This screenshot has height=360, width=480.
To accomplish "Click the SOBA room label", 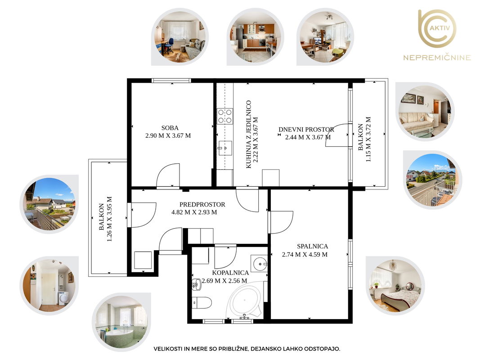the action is pyautogui.click(x=170, y=128).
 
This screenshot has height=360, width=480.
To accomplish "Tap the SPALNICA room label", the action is pyautogui.click(x=312, y=247).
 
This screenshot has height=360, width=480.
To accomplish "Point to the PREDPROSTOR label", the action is pyautogui.click(x=202, y=204).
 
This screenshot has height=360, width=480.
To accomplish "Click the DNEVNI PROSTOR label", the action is pyautogui.click(x=306, y=130).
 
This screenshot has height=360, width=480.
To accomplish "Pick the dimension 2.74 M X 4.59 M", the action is pyautogui.click(x=305, y=254).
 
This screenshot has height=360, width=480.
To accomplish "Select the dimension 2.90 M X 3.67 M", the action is pyautogui.click(x=168, y=135).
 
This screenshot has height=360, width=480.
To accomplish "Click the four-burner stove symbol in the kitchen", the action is pyautogui.click(x=224, y=117).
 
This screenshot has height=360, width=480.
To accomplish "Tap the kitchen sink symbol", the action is pyautogui.click(x=224, y=148).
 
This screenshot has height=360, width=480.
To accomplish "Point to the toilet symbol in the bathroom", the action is pyautogui.click(x=202, y=303).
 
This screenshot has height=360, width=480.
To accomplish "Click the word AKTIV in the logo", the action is pyautogui.click(x=440, y=28).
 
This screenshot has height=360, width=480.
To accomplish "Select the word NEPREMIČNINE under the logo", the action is pyautogui.click(x=437, y=58).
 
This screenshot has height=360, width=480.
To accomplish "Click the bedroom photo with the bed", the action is pyautogui.click(x=395, y=286).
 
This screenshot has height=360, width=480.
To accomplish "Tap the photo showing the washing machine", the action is pyautogui.click(x=49, y=286).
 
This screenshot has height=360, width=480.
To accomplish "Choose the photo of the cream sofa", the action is pyautogui.click(x=425, y=112).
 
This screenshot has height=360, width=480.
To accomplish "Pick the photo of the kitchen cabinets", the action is pyautogui.click(x=256, y=37).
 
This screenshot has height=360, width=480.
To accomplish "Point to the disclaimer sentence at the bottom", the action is pyautogui.click(x=247, y=349).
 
